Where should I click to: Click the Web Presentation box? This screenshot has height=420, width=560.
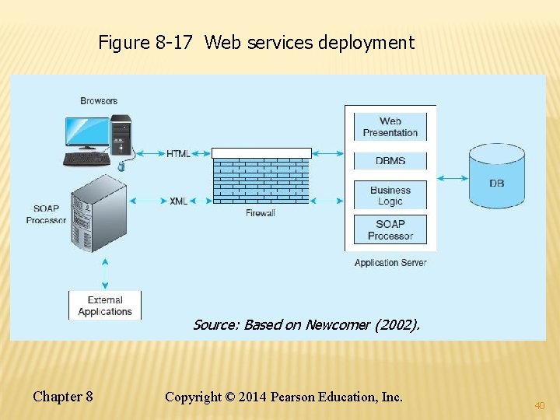[390, 127]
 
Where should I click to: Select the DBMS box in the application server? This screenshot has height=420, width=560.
[390, 161]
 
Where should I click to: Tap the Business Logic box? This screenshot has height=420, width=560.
[390, 195]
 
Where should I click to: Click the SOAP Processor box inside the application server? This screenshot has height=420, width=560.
[390, 230]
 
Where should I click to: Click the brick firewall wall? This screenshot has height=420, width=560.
[261, 178]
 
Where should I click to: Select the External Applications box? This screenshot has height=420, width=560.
[105, 306]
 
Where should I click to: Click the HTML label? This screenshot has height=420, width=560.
[178, 154]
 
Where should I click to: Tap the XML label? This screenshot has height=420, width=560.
[178, 201]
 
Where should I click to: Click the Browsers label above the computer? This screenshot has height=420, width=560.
[99, 101]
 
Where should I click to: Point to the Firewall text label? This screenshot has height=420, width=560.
[261, 213]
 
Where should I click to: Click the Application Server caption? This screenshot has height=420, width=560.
[390, 263]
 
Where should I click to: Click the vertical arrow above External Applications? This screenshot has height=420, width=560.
[105, 274]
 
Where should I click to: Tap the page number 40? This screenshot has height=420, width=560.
[539, 405]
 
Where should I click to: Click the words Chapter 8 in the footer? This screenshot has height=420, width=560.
[63, 397]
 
